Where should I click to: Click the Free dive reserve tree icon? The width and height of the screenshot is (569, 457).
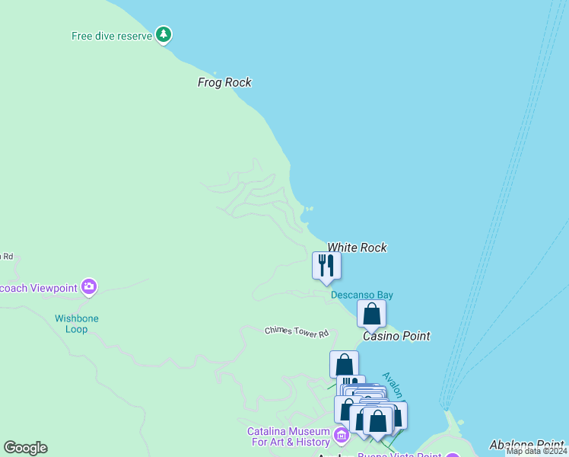164,34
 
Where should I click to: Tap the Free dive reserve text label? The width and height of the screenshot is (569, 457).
112,36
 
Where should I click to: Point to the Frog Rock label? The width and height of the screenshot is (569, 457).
224,82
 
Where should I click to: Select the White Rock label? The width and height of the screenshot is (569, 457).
357,248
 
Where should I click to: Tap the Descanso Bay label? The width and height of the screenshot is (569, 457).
361,295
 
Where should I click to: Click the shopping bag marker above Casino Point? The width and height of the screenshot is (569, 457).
371,314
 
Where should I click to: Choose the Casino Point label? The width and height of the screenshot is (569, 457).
396,336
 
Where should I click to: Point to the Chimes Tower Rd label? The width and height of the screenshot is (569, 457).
297,332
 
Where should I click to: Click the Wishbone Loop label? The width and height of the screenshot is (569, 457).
76,324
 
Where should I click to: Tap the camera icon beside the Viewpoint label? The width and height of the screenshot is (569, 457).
89,287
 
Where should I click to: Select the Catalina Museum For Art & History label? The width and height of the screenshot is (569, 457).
288,436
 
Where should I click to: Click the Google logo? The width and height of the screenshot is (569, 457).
25,448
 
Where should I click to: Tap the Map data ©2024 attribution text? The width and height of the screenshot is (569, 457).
536,451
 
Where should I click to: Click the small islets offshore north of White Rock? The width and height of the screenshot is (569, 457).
308,209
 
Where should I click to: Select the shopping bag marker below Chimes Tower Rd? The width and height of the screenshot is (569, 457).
344,364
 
